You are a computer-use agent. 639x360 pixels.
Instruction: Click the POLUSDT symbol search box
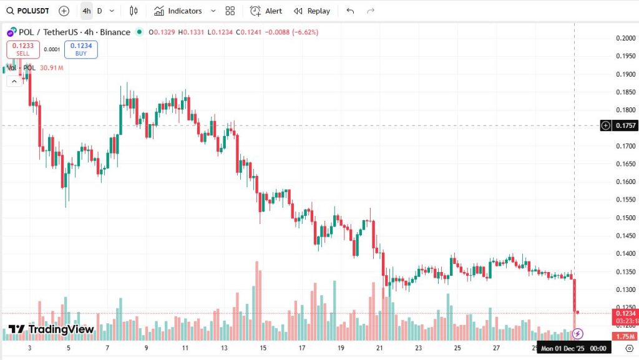pyautogui.click(x=29, y=11)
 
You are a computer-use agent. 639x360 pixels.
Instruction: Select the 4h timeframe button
pyautogui.click(x=86, y=11)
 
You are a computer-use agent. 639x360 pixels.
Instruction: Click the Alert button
pyautogui.click(x=266, y=11)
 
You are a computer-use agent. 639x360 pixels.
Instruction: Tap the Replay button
pyautogui.click(x=312, y=11)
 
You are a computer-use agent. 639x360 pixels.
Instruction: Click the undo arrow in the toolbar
pyautogui.click(x=350, y=11)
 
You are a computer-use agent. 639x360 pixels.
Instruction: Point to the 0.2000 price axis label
pyautogui.click(x=625, y=38)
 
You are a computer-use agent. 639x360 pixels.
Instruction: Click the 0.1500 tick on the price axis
pyautogui.click(x=625, y=218)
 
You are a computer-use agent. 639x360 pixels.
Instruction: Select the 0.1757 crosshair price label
pyautogui.click(x=625, y=125)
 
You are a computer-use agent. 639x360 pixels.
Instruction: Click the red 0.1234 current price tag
pyautogui.click(x=625, y=313)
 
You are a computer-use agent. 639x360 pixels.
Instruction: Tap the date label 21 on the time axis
pyautogui.click(x=379, y=348)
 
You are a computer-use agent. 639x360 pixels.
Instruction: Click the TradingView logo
pyautogui.click(x=51, y=329)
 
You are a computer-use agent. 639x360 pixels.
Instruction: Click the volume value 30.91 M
pyautogui.click(x=52, y=67)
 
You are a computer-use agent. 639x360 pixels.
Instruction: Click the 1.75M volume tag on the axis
pyautogui.click(x=625, y=336)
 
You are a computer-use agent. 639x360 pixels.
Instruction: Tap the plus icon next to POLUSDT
pyautogui.click(x=64, y=11)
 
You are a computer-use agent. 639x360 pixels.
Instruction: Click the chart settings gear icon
pyautogui.click(x=629, y=349)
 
